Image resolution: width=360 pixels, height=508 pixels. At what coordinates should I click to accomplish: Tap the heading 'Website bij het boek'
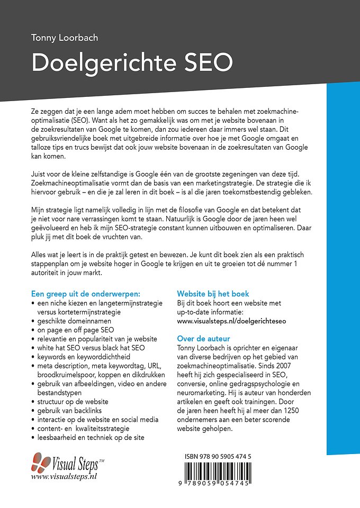pyautogui.click(x=213, y=294)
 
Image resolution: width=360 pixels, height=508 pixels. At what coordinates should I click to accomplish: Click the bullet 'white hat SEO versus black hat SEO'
pyautogui.click(x=91, y=348)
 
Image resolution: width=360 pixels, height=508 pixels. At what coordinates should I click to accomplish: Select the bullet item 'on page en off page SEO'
pyautogui.click(x=76, y=330)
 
